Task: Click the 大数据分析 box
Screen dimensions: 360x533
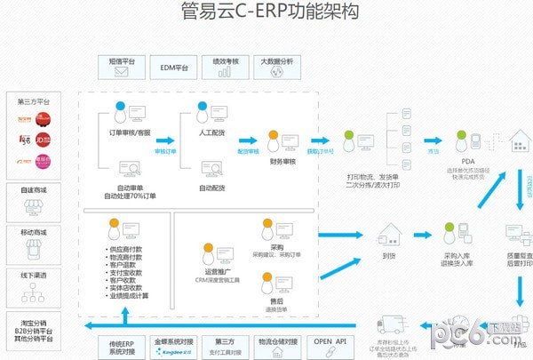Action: pyautogui.click(x=276, y=66)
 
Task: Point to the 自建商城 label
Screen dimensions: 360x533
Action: pyautogui.click(x=34, y=189)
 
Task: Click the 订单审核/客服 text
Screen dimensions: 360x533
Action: pyautogui.click(x=123, y=133)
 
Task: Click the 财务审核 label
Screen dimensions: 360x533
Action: pyautogui.click(x=282, y=164)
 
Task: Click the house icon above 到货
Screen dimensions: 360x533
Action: pyautogui.click(x=388, y=234)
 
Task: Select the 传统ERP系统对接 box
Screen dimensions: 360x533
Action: pyautogui.click(x=121, y=345)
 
